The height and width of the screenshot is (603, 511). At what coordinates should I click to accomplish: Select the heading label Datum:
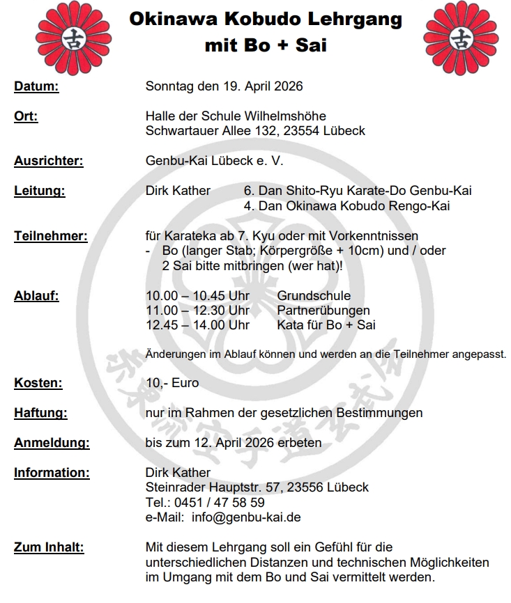tap(36, 87)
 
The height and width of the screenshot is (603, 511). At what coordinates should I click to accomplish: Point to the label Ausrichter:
tap(48, 161)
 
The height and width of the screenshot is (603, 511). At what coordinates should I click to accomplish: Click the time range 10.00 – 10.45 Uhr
tap(197, 296)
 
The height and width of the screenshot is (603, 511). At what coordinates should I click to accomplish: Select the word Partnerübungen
tap(323, 310)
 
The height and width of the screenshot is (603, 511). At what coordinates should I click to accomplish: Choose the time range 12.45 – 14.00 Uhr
tap(197, 324)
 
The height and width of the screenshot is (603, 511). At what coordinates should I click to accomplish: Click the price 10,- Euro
tap(172, 382)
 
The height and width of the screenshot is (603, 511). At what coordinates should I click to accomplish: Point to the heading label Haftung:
tap(40, 413)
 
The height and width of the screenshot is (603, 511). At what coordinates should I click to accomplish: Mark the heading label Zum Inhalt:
tap(49, 547)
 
